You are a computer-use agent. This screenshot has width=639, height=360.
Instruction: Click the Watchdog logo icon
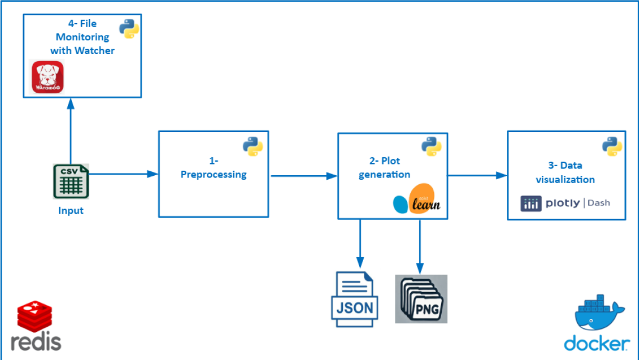pyautogui.click(x=48, y=76)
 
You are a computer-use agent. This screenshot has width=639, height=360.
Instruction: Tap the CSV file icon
pyautogui.click(x=71, y=181)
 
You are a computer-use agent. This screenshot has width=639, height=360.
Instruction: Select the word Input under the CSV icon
pyautogui.click(x=71, y=211)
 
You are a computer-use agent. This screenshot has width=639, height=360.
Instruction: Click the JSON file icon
pyautogui.click(x=354, y=299)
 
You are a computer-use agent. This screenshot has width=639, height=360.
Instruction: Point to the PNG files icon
pyautogui.click(x=421, y=299)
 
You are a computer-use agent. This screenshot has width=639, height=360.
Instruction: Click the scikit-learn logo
pyautogui.click(x=417, y=200)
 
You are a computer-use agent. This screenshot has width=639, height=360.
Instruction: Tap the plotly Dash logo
pyautogui.click(x=565, y=203)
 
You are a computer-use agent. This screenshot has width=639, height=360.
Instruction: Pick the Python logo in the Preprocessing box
pyautogui.click(x=253, y=146)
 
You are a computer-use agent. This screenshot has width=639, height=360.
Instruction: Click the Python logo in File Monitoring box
pyautogui.click(x=129, y=29)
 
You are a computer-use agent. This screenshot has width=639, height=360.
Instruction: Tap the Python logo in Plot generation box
pyautogui.click(x=432, y=146)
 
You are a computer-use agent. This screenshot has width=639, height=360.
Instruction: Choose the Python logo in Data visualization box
pyautogui.click(x=612, y=146)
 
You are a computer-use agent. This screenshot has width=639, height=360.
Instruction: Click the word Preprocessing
pyautogui.click(x=213, y=174)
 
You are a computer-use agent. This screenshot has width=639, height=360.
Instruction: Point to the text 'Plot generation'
pyautogui.click(x=384, y=167)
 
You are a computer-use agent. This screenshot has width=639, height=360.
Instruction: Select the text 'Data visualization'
pyautogui.click(x=565, y=172)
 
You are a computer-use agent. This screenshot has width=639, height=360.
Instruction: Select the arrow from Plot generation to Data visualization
pyautogui.click(x=477, y=175)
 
